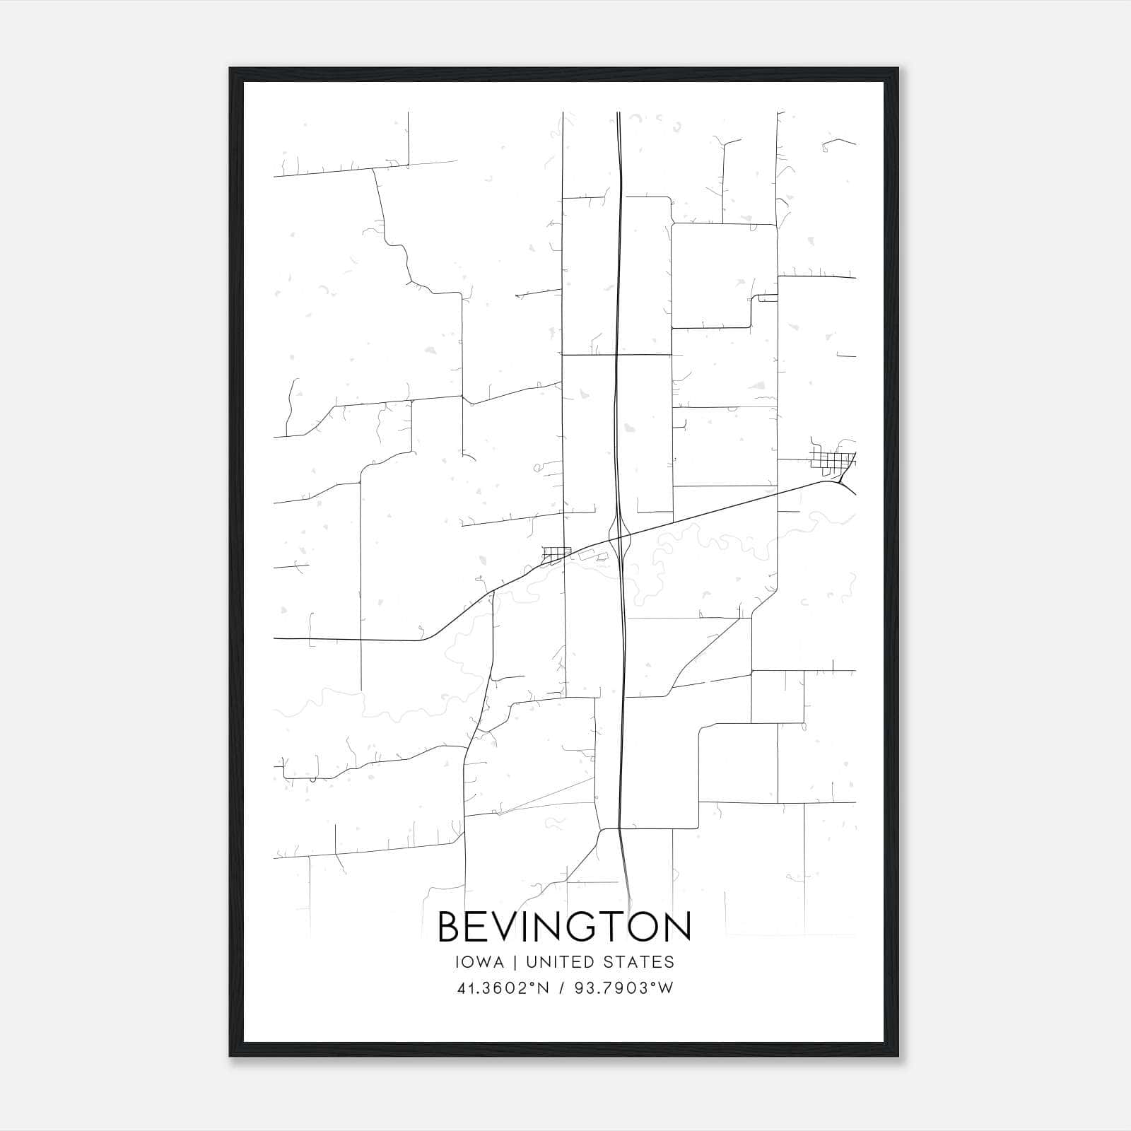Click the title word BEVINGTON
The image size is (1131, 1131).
click(565, 927)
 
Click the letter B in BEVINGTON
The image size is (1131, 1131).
click(450, 927)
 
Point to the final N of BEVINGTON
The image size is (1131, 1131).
click(676, 927)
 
